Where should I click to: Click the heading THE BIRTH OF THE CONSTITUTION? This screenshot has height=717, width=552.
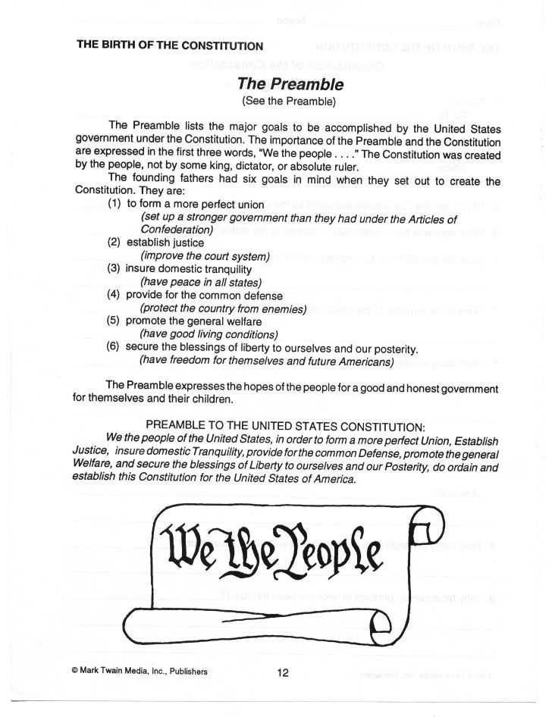click(170, 45)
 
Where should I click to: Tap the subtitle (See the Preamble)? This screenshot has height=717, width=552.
click(288, 100)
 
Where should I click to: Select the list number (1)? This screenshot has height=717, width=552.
click(115, 204)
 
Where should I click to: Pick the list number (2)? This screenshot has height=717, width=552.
click(115, 243)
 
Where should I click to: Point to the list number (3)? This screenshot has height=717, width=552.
click(115, 268)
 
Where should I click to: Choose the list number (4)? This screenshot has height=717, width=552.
click(115, 295)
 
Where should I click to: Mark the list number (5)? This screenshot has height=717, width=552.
click(115, 321)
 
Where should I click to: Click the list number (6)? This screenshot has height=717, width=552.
click(115, 348)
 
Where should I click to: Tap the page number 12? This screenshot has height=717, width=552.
click(283, 672)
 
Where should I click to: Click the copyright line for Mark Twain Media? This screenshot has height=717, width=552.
click(140, 672)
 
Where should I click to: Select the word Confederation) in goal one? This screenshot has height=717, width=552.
click(176, 230)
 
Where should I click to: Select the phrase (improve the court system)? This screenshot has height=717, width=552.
click(205, 255)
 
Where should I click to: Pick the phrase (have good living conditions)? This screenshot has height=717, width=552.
click(209, 334)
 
